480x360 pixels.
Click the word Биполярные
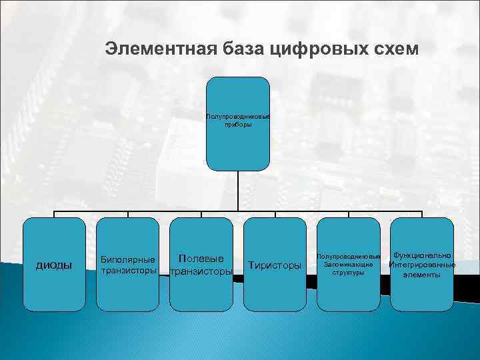(x=127, y=259)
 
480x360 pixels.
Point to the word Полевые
(x=201, y=258)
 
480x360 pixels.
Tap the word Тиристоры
(x=275, y=265)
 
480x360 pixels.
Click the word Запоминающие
(x=348, y=265)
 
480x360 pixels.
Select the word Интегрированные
(x=422, y=265)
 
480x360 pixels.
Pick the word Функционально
(x=422, y=255)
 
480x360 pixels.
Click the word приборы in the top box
(x=238, y=125)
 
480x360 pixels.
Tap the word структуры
(x=348, y=273)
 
